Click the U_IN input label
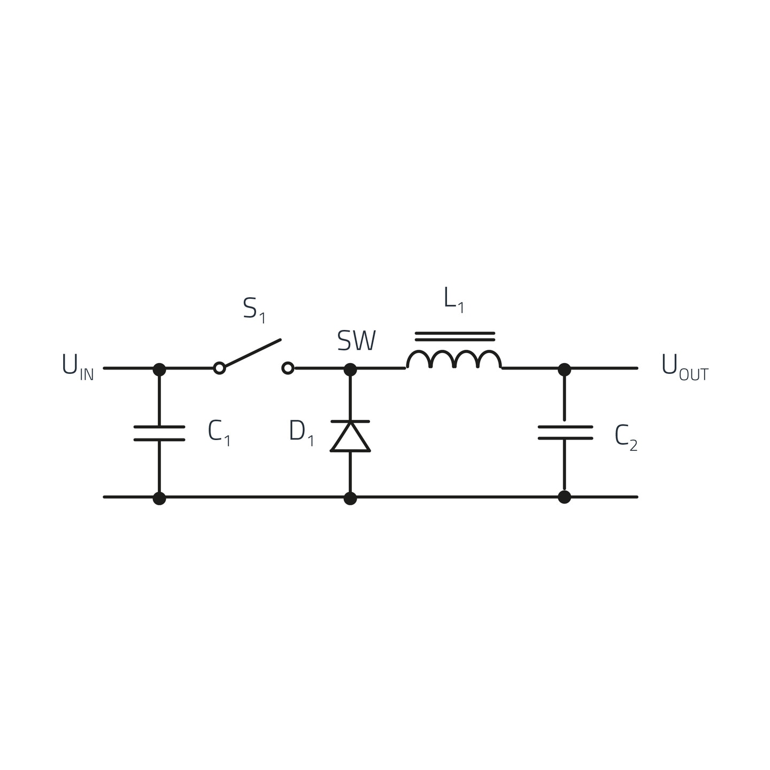click(78, 367)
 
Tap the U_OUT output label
click(685, 367)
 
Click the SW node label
click(357, 341)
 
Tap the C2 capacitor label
click(626, 438)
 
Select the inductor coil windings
click(454, 359)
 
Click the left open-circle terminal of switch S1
click(219, 368)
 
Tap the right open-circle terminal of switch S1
click(288, 368)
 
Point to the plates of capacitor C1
click(159, 433)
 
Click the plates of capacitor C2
click(565, 433)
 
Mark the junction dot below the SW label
click(350, 369)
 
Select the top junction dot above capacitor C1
click(159, 369)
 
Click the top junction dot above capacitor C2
click(564, 369)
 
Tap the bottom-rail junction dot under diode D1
click(350, 498)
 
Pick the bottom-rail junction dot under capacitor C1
click(159, 498)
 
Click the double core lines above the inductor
click(455, 336)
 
